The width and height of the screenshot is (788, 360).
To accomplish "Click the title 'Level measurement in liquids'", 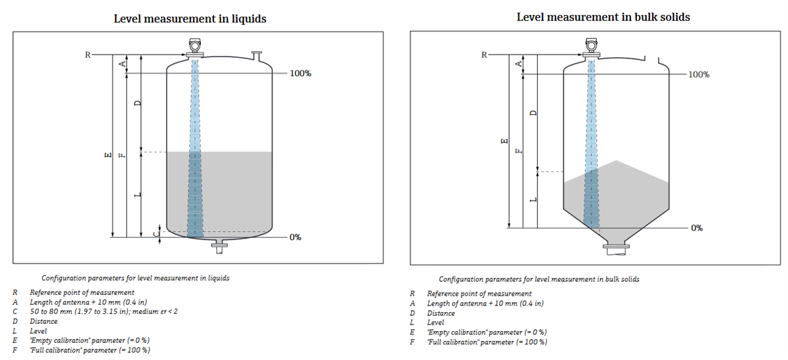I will [190, 18].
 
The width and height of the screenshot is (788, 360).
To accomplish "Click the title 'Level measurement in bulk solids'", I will [603, 17].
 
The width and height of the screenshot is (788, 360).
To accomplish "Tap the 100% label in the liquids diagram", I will [300, 74].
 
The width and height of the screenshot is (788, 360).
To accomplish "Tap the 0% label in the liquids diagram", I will [295, 236].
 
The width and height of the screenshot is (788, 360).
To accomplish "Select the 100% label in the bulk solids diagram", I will [697, 74].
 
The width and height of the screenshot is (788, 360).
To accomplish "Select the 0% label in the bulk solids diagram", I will [696, 228].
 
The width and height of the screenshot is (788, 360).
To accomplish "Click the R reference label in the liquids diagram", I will [87, 55].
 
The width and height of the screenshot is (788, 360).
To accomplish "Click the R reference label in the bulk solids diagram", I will [484, 55].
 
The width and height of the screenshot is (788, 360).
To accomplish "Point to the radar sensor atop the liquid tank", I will [195, 45].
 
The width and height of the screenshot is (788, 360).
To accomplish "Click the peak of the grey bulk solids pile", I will [615, 160].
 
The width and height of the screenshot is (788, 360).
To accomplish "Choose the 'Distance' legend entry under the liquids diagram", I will [43, 321].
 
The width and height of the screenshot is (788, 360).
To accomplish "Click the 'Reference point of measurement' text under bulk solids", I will [479, 294].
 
